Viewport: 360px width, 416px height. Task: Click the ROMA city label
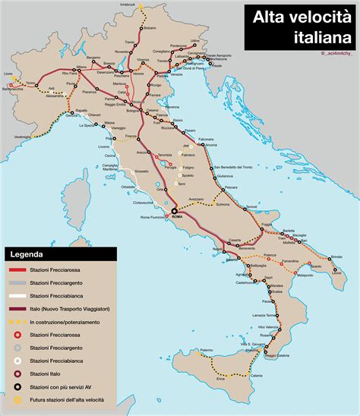coord(178,216)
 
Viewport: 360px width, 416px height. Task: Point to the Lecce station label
coord(337,273)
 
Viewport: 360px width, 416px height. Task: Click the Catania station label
coord(257,376)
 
